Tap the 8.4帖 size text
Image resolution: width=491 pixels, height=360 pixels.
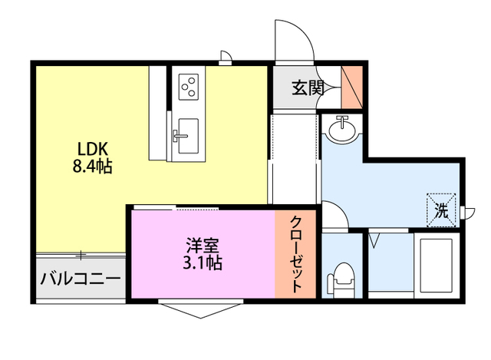(x=93, y=166)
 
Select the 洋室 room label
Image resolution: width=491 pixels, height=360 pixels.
(x=203, y=246)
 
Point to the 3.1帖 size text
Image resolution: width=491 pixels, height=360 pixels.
(x=203, y=263)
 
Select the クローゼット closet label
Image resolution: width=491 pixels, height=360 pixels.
(x=297, y=253)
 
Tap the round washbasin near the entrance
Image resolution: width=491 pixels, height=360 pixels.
(x=342, y=128)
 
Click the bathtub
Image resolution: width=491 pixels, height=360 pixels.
(x=436, y=265)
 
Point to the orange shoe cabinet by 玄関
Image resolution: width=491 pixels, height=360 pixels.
(x=352, y=88)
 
